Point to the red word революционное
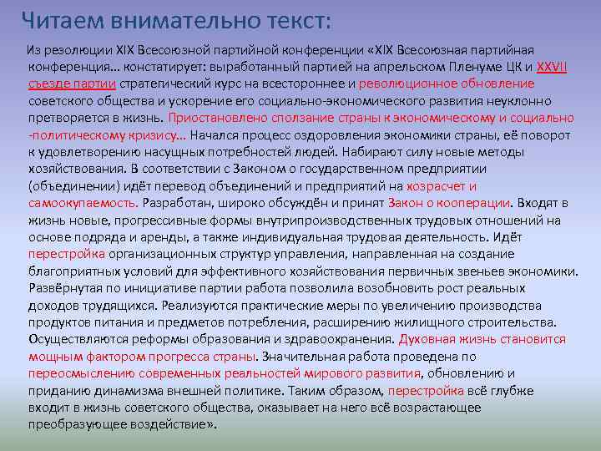click(407, 84)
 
